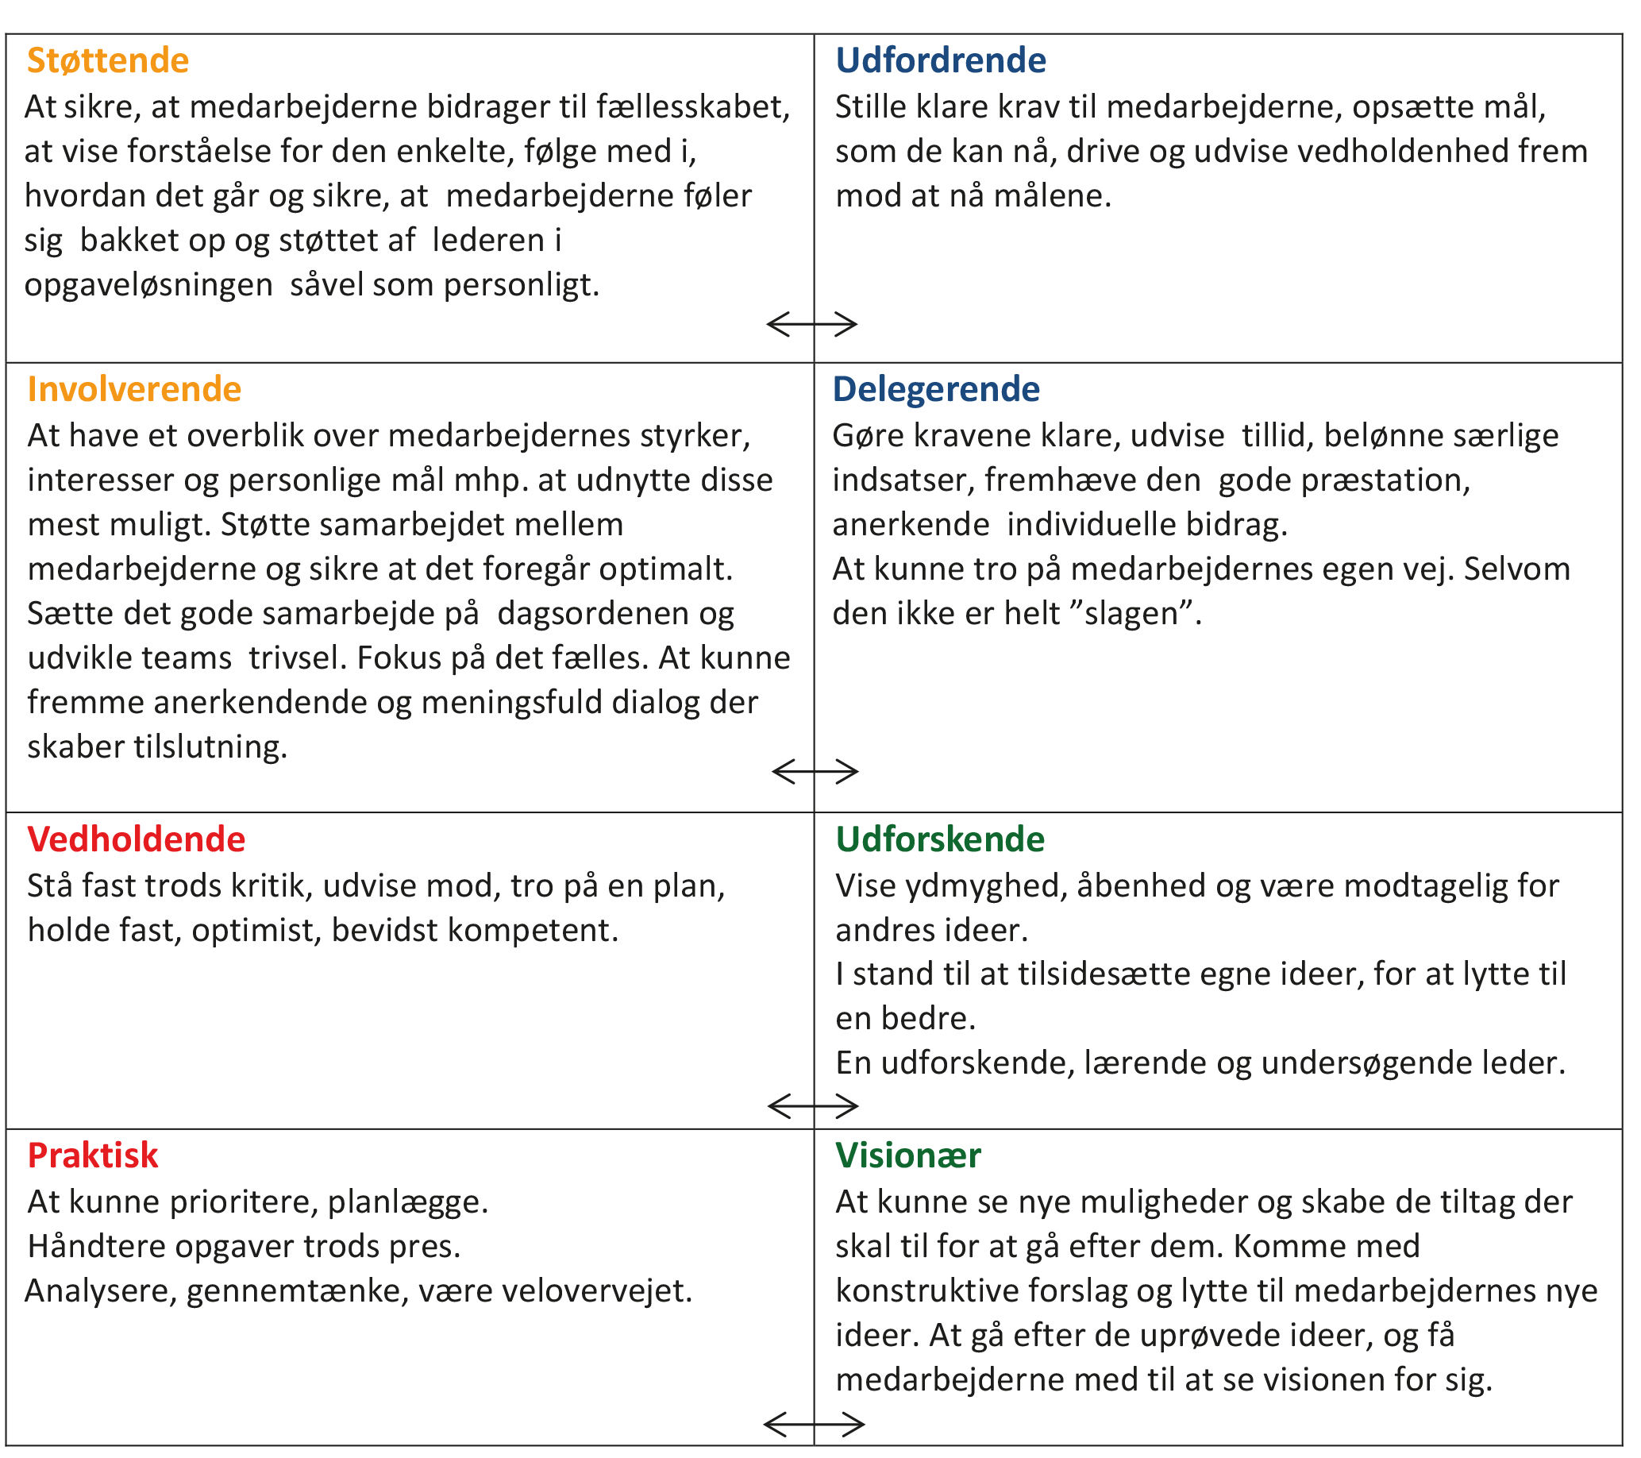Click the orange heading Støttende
tap(108, 61)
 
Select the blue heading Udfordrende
tap(940, 61)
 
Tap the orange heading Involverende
tap(134, 389)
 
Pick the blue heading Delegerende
tap(936, 389)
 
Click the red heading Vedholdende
tap(137, 840)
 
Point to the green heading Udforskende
tap(940, 840)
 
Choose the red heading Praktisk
tap(93, 1156)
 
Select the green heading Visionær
tap(908, 1156)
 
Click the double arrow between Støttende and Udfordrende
tap(812, 324)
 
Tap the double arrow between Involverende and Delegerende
tap(815, 772)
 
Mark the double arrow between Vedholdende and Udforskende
tap(813, 1106)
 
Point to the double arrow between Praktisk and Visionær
tap(814, 1425)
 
